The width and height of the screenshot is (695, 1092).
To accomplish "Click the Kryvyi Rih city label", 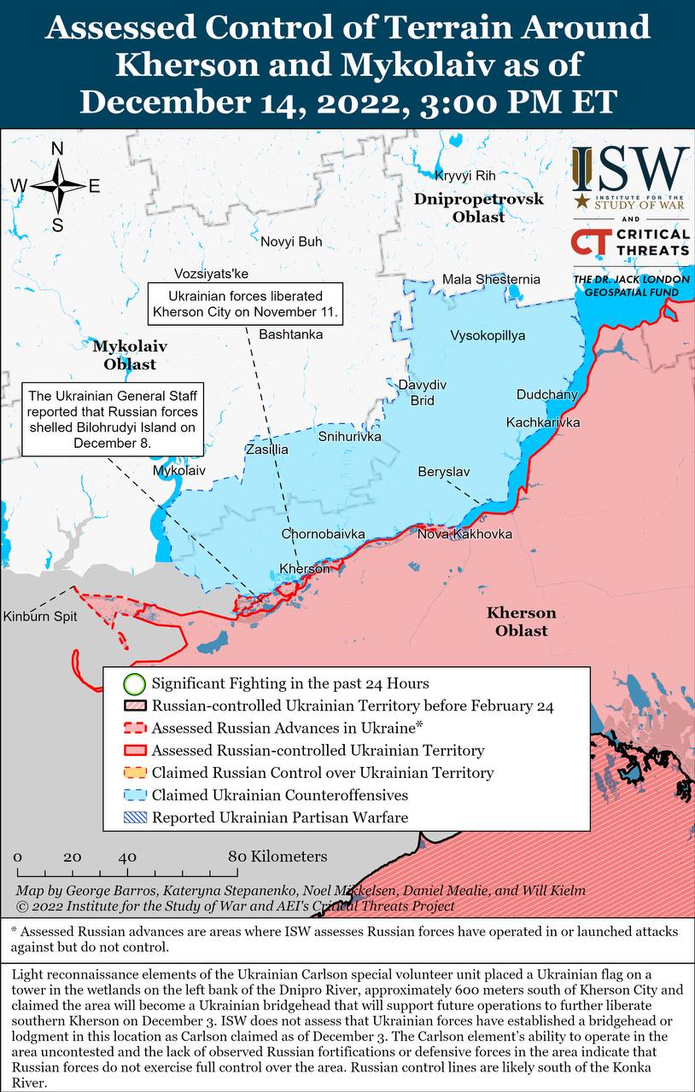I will coord(464,176).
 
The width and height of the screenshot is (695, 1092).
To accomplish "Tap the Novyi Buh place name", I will coord(291,241).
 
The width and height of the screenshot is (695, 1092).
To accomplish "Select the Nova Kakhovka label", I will coord(464,534).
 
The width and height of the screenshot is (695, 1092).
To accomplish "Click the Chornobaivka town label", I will coord(323,534).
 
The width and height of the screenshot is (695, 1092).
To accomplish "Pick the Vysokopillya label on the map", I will coord(488,335).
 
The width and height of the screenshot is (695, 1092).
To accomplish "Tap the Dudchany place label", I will coord(546,394).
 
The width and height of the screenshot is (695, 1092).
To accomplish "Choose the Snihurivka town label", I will coord(349,436).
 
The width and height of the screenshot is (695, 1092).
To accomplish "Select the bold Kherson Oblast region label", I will coord(521,621).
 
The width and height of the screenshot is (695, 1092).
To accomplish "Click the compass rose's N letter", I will coord(57,149).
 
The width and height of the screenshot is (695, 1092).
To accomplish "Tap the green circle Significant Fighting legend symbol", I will coord(133,683).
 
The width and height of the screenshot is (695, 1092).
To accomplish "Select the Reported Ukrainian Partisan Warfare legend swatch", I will coord(133,817).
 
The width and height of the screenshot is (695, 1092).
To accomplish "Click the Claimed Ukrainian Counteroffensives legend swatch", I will coord(133,795).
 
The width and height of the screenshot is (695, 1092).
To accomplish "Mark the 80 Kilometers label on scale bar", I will coord(277,856).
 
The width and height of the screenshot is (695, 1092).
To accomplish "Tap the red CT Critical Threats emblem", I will coord(590,242).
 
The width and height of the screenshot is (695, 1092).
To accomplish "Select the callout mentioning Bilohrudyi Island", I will coord(112,420).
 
